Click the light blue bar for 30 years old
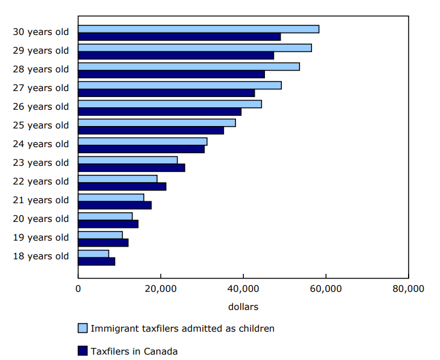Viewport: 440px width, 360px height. tap(199, 29)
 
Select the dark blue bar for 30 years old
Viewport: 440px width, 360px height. tap(179, 37)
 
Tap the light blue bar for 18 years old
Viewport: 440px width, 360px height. tap(94, 254)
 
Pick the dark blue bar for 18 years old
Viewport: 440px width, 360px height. tap(97, 261)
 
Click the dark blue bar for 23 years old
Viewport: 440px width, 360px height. tap(132, 168)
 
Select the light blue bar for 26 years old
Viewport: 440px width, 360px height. tap(170, 104)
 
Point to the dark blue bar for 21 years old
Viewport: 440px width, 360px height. tap(115, 205)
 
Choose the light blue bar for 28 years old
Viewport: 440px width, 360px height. tap(189, 66)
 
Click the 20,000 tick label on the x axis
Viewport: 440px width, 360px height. tap(161, 289)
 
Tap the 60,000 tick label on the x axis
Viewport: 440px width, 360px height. tap(325, 289)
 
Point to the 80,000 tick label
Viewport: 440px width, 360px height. tap(408, 289)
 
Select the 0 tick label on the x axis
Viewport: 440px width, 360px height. tap(78, 289)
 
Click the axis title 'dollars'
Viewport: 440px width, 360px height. tap(243, 306)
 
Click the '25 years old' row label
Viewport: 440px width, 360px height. tap(40, 125)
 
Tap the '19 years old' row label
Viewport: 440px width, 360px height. tap(40, 238)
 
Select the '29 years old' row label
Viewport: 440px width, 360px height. tap(40, 51)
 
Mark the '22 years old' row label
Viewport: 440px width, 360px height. tap(40, 182)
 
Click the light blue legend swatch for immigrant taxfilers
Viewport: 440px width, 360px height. tap(83, 328)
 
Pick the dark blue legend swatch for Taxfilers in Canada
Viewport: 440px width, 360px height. tap(83, 350)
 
